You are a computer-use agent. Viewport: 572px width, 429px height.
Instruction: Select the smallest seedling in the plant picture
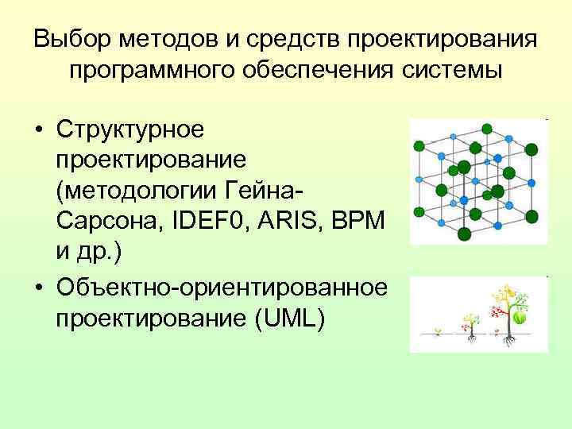[x=436, y=330]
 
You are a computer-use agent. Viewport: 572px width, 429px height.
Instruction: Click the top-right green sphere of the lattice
[x=531, y=149]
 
